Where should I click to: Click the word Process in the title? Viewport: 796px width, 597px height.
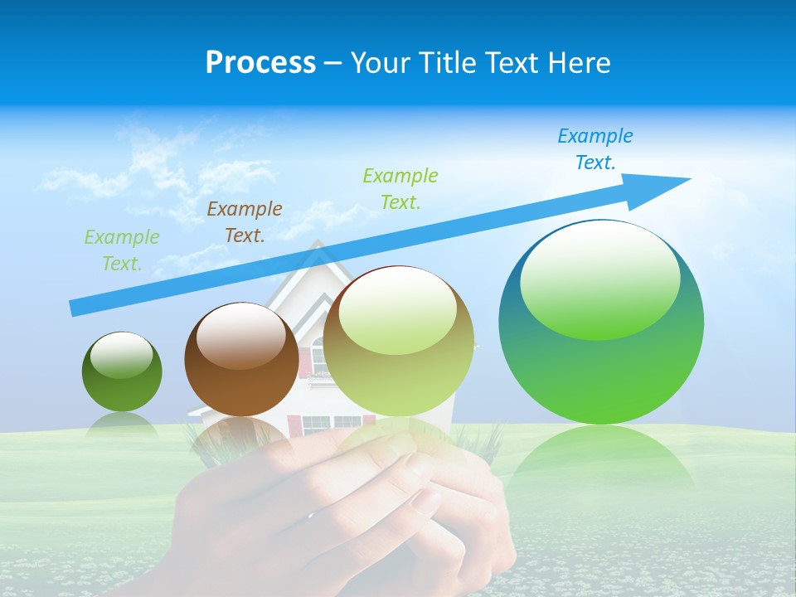point(260,63)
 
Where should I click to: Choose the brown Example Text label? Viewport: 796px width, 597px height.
point(245,221)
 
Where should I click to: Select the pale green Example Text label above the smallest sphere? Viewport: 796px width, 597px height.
point(122,250)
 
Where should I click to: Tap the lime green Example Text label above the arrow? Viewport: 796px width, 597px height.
point(400,188)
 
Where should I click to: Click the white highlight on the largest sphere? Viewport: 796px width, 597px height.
point(599,278)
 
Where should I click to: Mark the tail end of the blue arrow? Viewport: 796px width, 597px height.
point(75,308)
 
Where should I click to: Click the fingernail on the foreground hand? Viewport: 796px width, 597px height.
point(427,500)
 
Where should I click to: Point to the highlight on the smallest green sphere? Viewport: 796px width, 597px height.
point(121,355)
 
